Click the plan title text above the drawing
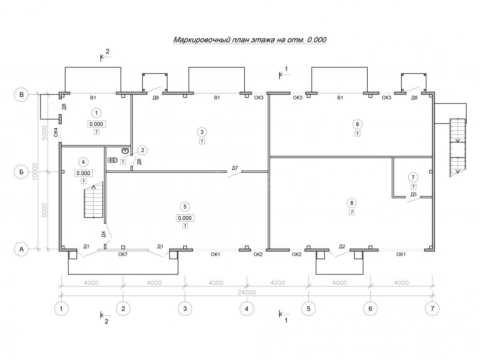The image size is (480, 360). (250, 40)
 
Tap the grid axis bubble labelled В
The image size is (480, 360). (22, 95)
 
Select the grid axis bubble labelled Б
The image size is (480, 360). (22, 172)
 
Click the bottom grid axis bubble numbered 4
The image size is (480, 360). (246, 308)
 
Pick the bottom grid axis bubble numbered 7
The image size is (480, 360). (432, 308)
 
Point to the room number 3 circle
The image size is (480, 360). (202, 132)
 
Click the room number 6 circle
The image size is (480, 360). (357, 124)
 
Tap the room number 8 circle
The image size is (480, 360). (352, 202)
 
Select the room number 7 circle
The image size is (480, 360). (413, 177)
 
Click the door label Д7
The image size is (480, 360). (235, 168)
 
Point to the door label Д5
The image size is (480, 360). (414, 195)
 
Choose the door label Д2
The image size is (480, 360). (342, 246)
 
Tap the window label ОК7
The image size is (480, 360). (123, 254)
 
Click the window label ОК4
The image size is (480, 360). (56, 132)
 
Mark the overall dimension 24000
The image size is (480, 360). (246, 292)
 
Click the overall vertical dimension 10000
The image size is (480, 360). (35, 172)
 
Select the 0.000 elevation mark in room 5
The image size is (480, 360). (185, 218)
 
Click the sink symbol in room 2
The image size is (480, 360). (125, 151)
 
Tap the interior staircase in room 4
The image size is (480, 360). (94, 202)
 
